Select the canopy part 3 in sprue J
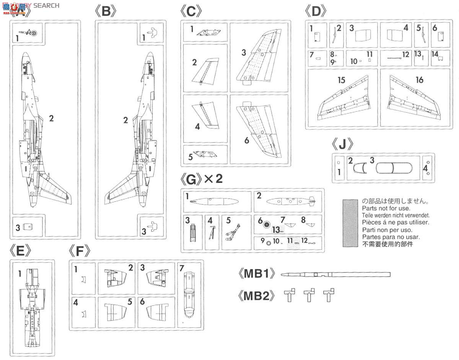coord(394,169)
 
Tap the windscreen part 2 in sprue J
coord(360,169)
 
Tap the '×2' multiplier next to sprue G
coord(213,179)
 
